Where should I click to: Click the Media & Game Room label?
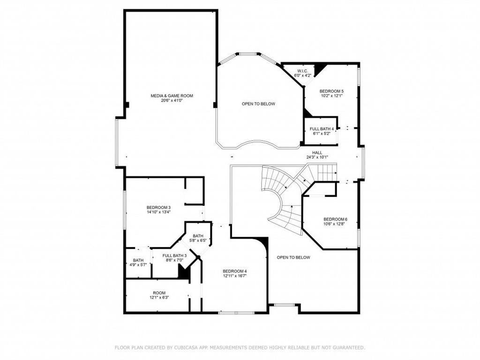[x=172, y=96]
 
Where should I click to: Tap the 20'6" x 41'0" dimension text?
[x=172, y=100]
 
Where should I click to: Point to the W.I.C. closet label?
[x=302, y=71]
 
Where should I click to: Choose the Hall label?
[x=317, y=152]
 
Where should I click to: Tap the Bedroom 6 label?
[x=336, y=219]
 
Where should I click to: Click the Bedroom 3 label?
[x=158, y=208]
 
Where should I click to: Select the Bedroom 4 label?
[x=235, y=271]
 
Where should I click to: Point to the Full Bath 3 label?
[x=174, y=255]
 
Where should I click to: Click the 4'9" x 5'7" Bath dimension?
[x=138, y=265]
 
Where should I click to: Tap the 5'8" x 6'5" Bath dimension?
[x=198, y=240]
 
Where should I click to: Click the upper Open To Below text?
[x=258, y=104]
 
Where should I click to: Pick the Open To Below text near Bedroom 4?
[x=293, y=257]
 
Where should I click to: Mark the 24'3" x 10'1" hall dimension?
[x=317, y=157]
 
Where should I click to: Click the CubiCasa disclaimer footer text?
[x=240, y=347]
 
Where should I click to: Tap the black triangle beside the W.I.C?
[x=320, y=69]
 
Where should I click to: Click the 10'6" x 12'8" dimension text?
[x=336, y=224]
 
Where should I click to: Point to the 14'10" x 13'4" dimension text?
[x=158, y=212]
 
